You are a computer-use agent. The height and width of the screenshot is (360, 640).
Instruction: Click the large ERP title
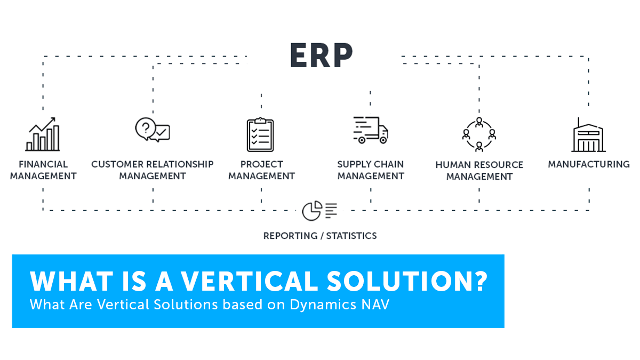(x=322, y=55)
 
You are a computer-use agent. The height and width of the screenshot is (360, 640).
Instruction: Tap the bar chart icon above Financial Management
(x=43, y=134)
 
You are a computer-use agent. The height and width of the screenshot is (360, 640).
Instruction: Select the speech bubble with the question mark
(x=146, y=129)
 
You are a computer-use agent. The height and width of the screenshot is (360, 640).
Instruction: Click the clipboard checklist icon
(x=260, y=134)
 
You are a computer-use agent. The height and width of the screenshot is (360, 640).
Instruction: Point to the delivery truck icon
(x=371, y=130)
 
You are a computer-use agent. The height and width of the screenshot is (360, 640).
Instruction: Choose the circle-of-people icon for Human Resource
(x=479, y=134)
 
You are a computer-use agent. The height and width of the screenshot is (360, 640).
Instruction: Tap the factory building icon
(x=588, y=134)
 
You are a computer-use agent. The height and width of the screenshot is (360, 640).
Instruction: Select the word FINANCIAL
(x=43, y=164)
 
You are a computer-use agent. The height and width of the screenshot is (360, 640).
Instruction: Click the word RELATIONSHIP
(x=178, y=164)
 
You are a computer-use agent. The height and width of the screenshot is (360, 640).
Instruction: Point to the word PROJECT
(x=261, y=164)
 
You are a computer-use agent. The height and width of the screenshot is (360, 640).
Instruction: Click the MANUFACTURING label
(x=589, y=164)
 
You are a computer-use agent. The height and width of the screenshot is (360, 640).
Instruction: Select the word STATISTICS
(x=351, y=236)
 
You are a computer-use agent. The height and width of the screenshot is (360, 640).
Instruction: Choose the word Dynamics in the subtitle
(x=323, y=305)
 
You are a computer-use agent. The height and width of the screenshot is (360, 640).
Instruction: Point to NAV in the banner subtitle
(x=375, y=305)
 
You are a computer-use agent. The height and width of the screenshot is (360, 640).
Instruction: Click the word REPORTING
(x=290, y=236)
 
